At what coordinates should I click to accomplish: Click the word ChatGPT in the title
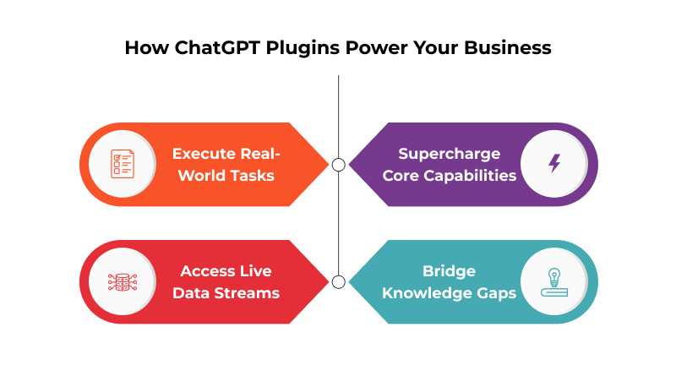click(211, 47)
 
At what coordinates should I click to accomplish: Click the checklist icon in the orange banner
click(123, 164)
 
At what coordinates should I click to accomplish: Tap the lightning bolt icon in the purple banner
click(554, 164)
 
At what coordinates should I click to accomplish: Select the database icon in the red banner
click(123, 281)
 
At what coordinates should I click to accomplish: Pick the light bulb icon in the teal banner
click(554, 281)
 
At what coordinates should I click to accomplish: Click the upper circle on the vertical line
click(338, 165)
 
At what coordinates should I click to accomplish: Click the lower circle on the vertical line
click(338, 281)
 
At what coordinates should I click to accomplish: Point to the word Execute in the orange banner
click(203, 154)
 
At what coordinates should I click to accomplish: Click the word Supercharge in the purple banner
click(450, 154)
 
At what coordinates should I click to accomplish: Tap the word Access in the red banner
click(208, 271)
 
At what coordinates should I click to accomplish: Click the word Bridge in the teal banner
click(450, 271)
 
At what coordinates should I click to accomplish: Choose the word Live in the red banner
click(256, 271)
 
